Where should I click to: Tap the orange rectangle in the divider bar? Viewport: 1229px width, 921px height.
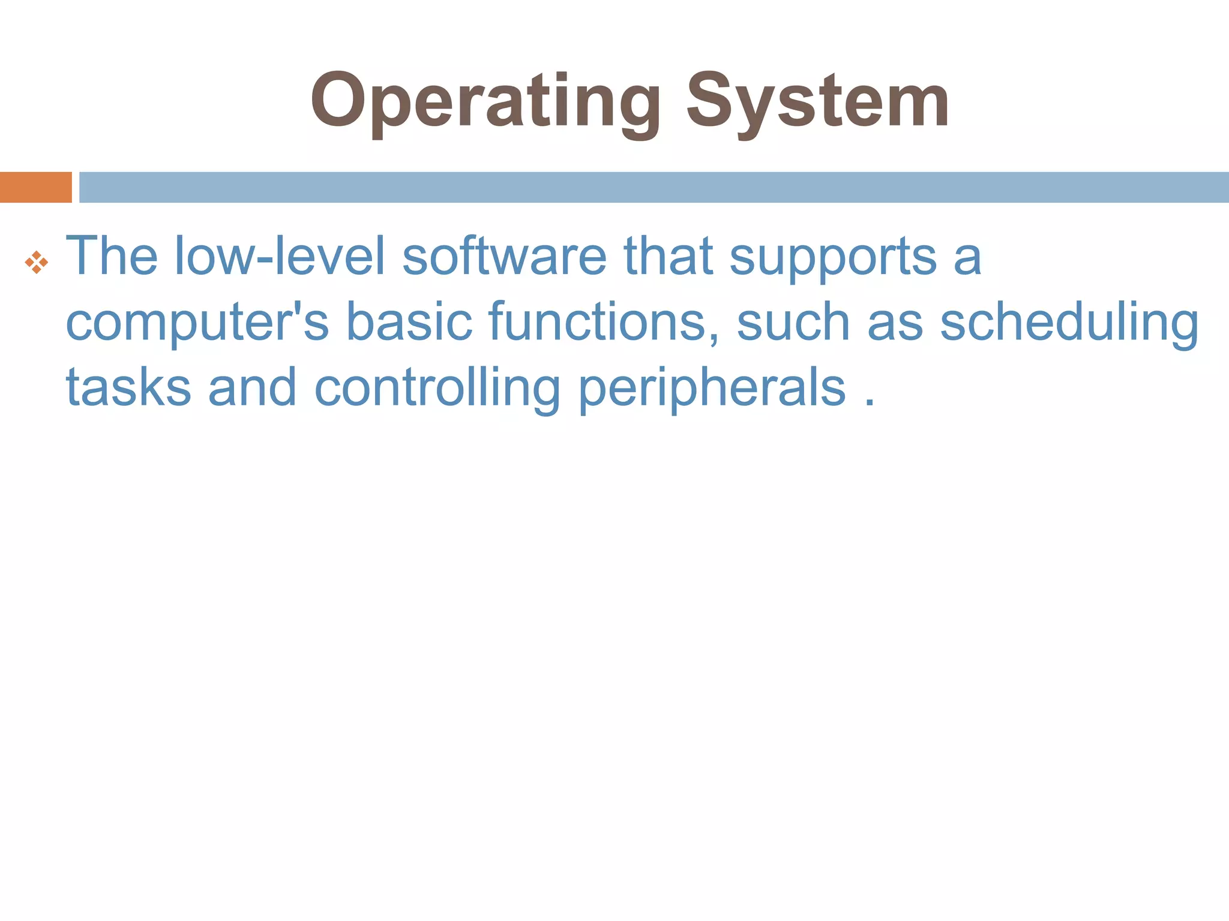[x=35, y=187]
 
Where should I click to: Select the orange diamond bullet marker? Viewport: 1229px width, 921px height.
[x=37, y=263]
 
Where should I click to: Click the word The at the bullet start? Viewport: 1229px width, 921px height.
[x=112, y=256]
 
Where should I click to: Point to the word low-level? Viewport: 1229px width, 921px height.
[x=280, y=256]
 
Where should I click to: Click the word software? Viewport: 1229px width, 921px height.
[x=505, y=256]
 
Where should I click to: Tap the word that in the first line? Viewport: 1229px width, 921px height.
[x=669, y=256]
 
